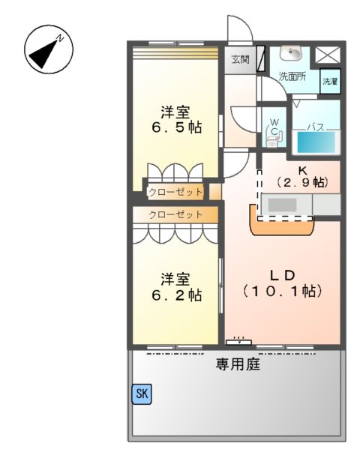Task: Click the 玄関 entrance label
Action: [x=240, y=59]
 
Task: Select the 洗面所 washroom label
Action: [x=291, y=76]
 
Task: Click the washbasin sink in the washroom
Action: [x=290, y=54]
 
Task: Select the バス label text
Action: [x=315, y=127]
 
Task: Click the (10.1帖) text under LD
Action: [x=282, y=289]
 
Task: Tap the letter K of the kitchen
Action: [x=301, y=169]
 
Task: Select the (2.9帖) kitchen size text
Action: [x=301, y=182]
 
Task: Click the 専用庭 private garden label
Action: [x=238, y=366]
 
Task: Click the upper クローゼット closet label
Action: [x=175, y=192]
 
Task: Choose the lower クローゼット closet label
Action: [x=175, y=215]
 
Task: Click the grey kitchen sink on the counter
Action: [x=283, y=204]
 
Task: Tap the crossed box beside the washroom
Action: [x=328, y=55]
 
